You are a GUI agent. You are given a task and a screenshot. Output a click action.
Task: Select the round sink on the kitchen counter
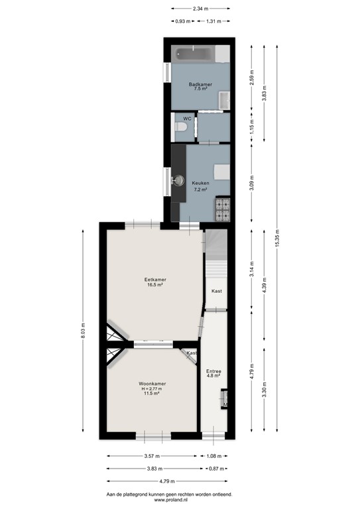[180, 179]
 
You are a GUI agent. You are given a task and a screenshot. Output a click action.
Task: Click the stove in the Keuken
[222, 211]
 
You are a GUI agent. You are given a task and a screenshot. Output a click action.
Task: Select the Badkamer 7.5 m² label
[199, 86]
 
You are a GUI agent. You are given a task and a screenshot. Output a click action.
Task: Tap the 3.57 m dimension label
[151, 457]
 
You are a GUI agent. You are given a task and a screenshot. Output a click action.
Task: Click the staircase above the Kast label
[216, 268]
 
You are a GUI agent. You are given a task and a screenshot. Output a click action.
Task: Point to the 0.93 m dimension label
[183, 21]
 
